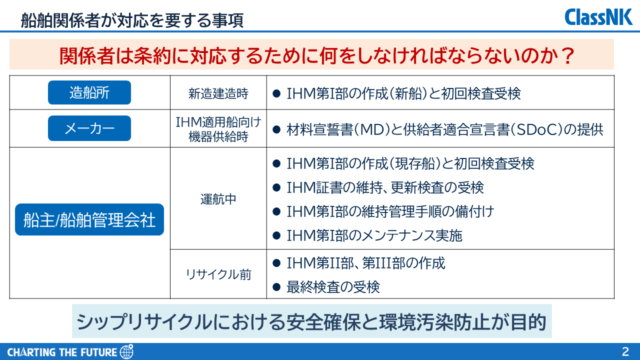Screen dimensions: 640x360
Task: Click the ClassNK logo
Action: click(598, 17)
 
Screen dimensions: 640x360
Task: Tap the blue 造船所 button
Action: click(89, 92)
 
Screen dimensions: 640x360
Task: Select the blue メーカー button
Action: click(89, 128)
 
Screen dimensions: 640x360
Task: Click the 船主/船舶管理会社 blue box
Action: click(89, 219)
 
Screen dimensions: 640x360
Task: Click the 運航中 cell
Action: click(218, 199)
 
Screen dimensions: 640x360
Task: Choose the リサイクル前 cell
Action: click(218, 274)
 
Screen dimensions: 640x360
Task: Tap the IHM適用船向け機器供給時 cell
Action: click(218, 129)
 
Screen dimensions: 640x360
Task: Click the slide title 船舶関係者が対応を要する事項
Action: click(132, 20)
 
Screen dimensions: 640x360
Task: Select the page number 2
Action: click(625, 351)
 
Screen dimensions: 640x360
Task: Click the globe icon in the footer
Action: click(126, 351)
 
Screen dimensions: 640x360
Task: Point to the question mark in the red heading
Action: click(567, 55)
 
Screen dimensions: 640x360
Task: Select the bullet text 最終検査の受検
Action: click(333, 287)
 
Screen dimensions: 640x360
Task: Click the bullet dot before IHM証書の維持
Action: click(276, 187)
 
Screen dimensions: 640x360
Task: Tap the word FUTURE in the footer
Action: click(99, 352)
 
